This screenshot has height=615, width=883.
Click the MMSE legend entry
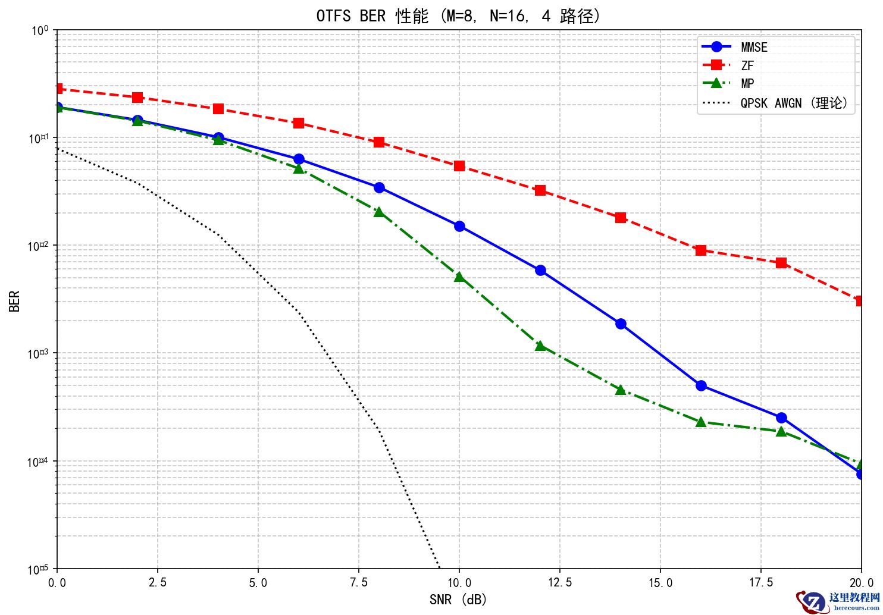[753, 47]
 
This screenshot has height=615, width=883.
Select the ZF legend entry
[747, 65]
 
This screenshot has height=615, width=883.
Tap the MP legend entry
[747, 84]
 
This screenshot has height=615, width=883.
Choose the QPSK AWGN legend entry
[794, 103]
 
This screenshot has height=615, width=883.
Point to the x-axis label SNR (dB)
[458, 600]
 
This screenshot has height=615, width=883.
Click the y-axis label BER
[15, 300]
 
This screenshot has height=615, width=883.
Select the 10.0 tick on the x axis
[459, 582]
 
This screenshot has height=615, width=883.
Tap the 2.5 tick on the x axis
[157, 582]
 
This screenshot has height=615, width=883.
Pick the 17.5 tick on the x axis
[761, 582]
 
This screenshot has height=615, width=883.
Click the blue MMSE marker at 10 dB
[459, 226]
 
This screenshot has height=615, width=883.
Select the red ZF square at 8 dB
[379, 142]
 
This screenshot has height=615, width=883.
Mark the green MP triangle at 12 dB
[540, 346]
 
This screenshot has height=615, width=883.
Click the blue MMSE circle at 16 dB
[701, 385]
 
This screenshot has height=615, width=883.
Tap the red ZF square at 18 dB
[781, 263]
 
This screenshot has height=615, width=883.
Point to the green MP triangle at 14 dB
[621, 390]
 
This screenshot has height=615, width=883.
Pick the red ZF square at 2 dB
[137, 98]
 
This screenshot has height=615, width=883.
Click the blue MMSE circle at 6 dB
[299, 159]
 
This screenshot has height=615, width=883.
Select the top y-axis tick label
[40, 30]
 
